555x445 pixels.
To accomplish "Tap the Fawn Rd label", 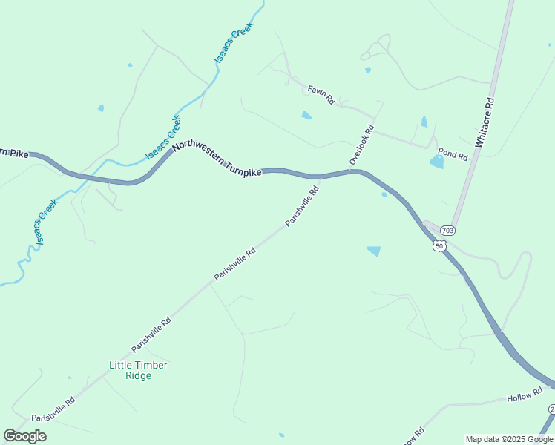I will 321,94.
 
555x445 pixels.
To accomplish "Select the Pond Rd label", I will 453,156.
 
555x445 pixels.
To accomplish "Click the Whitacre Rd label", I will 488,122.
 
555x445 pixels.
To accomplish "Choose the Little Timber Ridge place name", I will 138,370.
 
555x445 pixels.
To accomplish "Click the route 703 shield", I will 447,231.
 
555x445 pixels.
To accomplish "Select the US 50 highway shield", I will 440,245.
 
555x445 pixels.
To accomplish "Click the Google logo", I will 25,436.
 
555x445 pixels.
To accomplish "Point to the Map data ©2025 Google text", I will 509,439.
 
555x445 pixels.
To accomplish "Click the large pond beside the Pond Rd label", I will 436,162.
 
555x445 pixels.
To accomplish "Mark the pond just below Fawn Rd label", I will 306,116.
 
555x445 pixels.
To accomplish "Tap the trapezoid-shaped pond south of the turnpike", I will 374,251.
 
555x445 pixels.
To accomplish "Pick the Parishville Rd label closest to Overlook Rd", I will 303,207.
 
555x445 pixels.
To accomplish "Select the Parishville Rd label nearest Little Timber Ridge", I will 151,335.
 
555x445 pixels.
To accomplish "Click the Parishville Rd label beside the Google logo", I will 53,409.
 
